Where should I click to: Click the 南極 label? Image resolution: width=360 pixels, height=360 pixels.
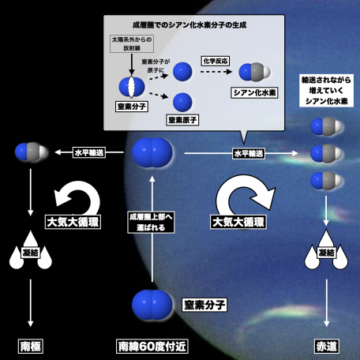coord(31,346)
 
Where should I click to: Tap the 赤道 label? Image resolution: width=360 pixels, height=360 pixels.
coord(327,346)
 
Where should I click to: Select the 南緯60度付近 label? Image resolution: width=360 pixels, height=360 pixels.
coord(152,346)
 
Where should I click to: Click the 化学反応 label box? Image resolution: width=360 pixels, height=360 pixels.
coord(216,61)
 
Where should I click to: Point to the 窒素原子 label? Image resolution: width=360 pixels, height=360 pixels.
coord(182,120)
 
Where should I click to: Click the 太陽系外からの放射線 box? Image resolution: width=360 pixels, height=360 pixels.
coord(132,43)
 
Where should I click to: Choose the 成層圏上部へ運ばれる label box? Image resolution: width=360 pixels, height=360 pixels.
coord(151,223)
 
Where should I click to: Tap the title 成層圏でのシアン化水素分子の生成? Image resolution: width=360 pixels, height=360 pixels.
coord(189,25)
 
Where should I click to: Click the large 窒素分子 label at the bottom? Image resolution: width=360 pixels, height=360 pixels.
coord(204,305)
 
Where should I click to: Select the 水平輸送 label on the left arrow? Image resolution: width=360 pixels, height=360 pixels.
coord(89,152)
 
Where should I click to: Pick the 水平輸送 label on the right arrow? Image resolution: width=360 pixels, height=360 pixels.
coord(249,153)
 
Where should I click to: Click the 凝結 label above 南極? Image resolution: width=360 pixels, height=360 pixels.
coord(31,253)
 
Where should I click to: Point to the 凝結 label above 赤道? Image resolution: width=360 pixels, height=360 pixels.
coord(327,253)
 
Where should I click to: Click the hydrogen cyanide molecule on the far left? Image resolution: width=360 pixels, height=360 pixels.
coord(32,152)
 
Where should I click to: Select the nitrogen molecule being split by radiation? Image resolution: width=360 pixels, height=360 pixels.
coord(132,87)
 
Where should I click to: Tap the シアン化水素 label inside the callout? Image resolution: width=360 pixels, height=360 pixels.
coord(254,92)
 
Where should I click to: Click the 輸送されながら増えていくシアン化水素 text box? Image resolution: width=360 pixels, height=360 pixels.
coord(326,91)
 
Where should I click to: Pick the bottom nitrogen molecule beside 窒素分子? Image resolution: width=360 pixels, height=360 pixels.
coord(152,305)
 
